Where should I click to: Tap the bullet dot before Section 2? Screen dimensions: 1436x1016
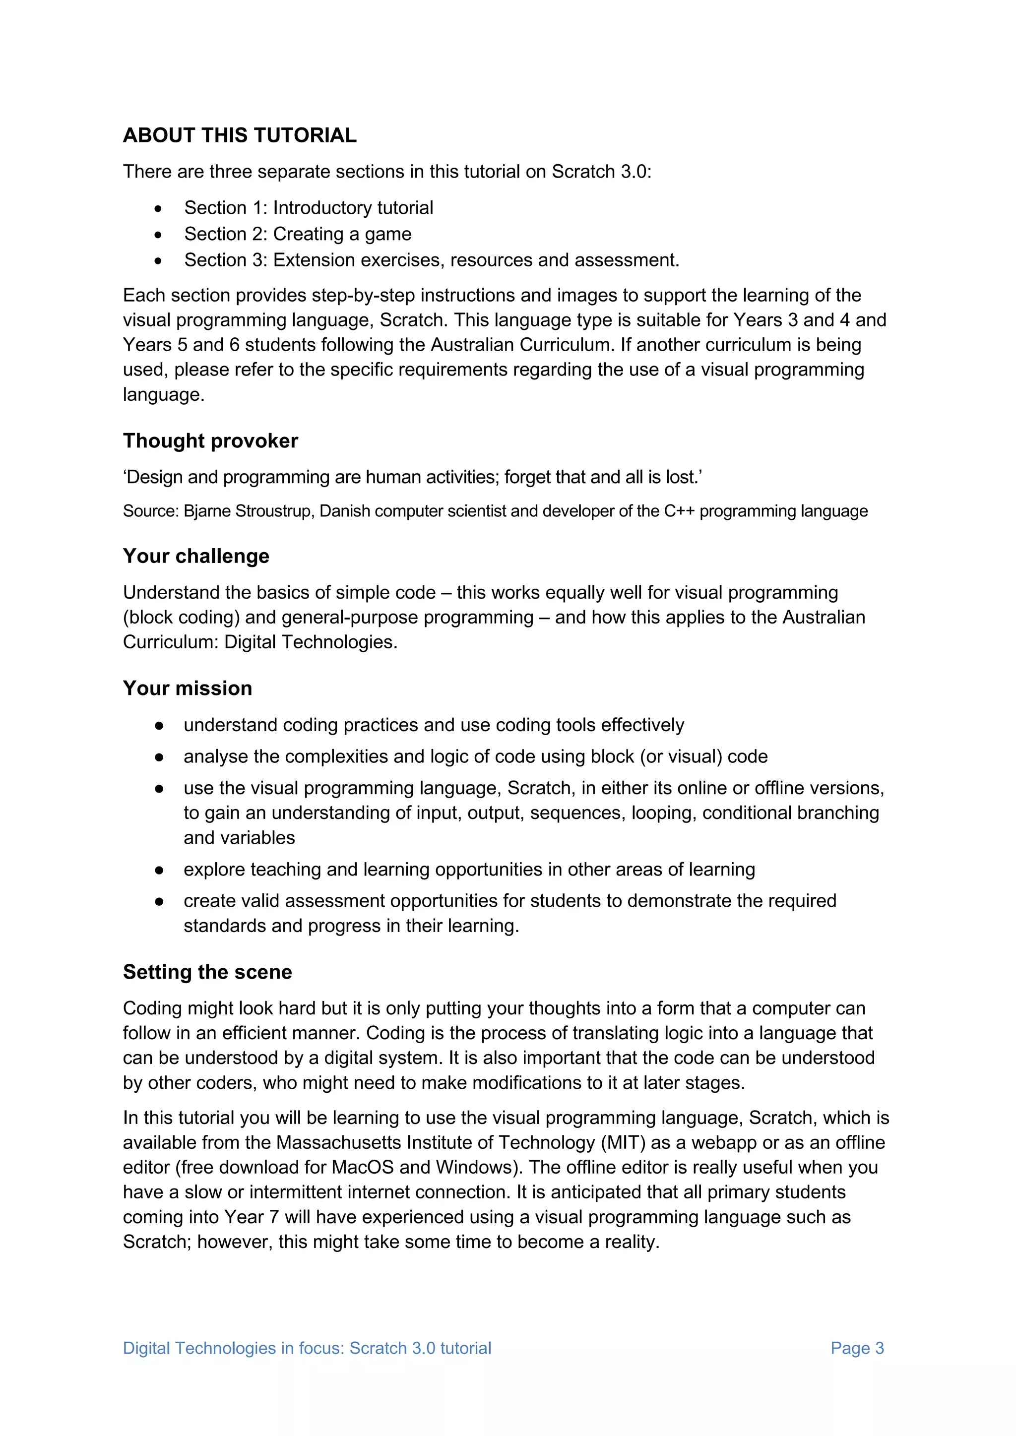tap(158, 235)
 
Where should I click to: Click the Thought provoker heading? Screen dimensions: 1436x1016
tap(210, 441)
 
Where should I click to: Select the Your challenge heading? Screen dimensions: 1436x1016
tap(196, 556)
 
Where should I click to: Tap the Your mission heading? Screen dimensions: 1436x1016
tap(187, 688)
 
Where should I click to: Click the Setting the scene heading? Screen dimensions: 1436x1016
tap(207, 972)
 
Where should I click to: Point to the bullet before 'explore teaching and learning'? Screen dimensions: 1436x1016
tap(159, 870)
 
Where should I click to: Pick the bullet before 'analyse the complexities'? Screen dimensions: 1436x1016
tap(159, 757)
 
